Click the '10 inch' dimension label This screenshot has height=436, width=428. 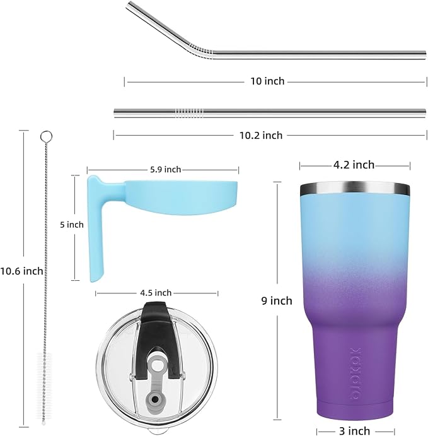point(267,81)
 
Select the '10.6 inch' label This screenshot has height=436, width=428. point(22,271)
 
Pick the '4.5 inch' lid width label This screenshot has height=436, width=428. point(155,293)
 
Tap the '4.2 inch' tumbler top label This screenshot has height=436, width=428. point(354,165)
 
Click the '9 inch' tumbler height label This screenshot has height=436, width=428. point(277,301)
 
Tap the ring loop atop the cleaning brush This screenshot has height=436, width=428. point(45,136)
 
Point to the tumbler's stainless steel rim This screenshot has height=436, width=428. point(354,188)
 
